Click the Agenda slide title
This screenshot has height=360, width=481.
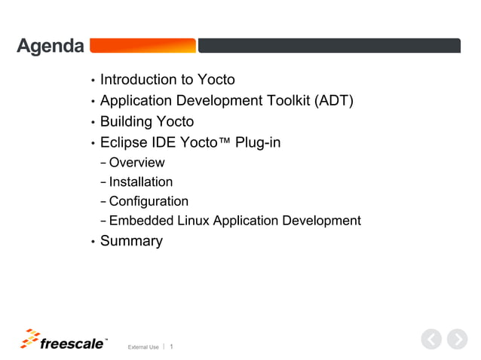point(51,47)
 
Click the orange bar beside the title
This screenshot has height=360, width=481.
point(142,46)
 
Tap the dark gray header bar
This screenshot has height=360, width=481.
point(329,46)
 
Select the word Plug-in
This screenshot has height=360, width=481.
point(258,142)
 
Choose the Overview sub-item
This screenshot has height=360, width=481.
point(136,163)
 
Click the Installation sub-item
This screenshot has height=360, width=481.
point(140,182)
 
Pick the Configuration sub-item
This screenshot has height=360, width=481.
point(149,202)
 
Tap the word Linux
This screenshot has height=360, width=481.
point(193,221)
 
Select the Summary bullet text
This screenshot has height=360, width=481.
point(131,242)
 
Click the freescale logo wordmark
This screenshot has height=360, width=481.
point(72,343)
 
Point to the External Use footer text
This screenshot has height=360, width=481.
point(143,347)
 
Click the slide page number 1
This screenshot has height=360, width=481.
point(172,346)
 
